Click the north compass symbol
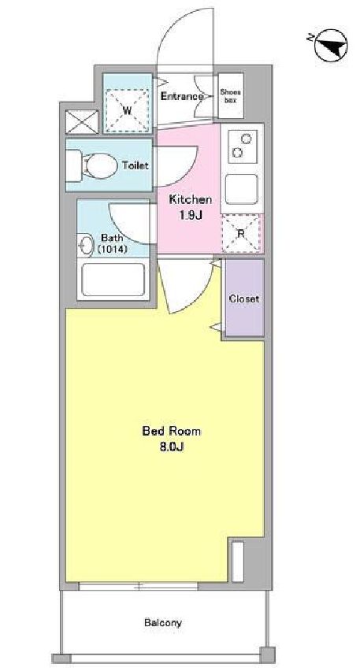click(331, 46)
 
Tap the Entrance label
click(181, 96)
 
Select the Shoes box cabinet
click(231, 96)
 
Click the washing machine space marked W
click(127, 110)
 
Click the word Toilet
click(135, 165)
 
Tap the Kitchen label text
click(191, 199)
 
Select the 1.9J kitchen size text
click(191, 215)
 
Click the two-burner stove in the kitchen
click(243, 146)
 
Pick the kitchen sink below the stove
click(242, 190)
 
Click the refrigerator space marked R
click(241, 234)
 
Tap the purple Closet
click(244, 298)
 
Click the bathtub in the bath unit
click(113, 280)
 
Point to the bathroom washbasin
click(87, 245)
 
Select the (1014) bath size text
click(112, 249)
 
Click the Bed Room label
click(171, 431)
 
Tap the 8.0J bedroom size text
click(172, 447)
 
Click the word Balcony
click(162, 623)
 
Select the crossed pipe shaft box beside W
click(82, 122)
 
